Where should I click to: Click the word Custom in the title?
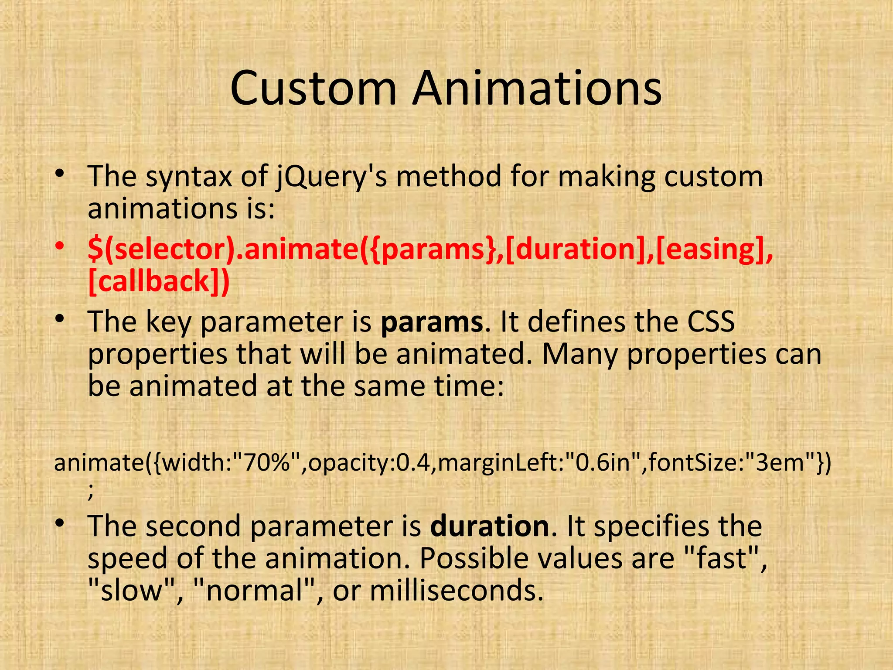click(313, 89)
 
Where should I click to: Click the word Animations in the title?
click(537, 89)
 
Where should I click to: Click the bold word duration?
click(489, 526)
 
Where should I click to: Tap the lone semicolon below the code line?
click(91, 493)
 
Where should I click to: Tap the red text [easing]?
click(714, 249)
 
